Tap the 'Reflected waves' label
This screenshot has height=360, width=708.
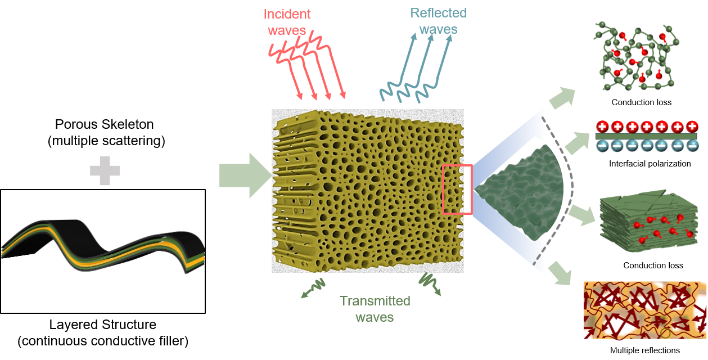(x=438, y=21)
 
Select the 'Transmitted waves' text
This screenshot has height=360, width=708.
(x=375, y=309)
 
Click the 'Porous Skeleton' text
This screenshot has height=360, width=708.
(x=105, y=124)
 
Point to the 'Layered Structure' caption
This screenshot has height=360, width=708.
(x=103, y=325)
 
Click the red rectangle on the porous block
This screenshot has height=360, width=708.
(x=457, y=190)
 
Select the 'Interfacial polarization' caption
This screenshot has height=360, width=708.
(x=650, y=164)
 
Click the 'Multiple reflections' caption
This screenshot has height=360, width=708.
(x=644, y=350)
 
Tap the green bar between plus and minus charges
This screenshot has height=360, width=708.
(x=646, y=136)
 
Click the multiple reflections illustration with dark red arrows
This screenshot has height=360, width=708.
(x=644, y=311)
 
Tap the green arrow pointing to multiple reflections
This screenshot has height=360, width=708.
(x=565, y=274)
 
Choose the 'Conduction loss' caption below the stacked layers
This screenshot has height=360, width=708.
(x=653, y=265)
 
